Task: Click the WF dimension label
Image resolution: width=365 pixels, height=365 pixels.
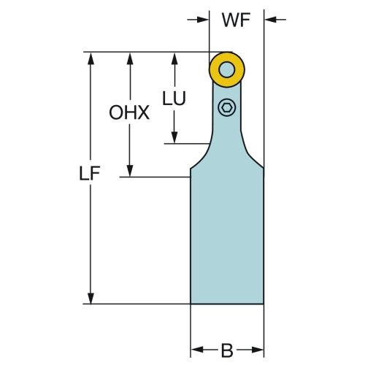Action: pyautogui.click(x=236, y=20)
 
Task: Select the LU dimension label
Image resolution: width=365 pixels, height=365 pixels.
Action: pyautogui.click(x=174, y=99)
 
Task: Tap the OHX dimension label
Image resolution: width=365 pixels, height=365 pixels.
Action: pyautogui.click(x=129, y=112)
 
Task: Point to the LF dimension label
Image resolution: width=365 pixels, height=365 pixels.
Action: pyautogui.click(x=90, y=173)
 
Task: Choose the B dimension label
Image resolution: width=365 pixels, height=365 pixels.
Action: pyautogui.click(x=227, y=350)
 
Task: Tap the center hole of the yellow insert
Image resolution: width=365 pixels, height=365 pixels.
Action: pyautogui.click(x=227, y=70)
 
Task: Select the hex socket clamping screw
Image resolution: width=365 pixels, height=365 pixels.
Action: pyautogui.click(x=227, y=107)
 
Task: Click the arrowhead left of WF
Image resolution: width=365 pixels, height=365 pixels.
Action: pyautogui.click(x=203, y=20)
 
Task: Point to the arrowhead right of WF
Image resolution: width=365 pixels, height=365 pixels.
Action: pyautogui.click(x=270, y=20)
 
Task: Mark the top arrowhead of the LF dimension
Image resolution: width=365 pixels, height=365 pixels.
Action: pyautogui.click(x=91, y=58)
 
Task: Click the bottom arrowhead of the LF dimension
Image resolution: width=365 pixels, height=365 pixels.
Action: pyautogui.click(x=91, y=298)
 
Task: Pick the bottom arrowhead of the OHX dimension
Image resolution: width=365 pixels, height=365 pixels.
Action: pyautogui.click(x=130, y=171)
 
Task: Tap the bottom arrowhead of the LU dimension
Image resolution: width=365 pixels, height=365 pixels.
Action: pyautogui.click(x=174, y=137)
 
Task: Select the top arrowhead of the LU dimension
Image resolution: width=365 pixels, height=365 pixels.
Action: pyautogui.click(x=174, y=58)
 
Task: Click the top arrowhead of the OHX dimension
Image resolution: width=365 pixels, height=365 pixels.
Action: pyautogui.click(x=130, y=58)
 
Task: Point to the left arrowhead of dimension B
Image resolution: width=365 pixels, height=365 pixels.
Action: pyautogui.click(x=197, y=350)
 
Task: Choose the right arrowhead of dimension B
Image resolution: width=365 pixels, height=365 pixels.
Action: pyautogui.click(x=258, y=350)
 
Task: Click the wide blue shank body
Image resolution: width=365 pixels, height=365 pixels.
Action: pyautogui.click(x=227, y=236)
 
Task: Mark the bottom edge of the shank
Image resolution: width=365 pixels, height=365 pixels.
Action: pyautogui.click(x=227, y=304)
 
